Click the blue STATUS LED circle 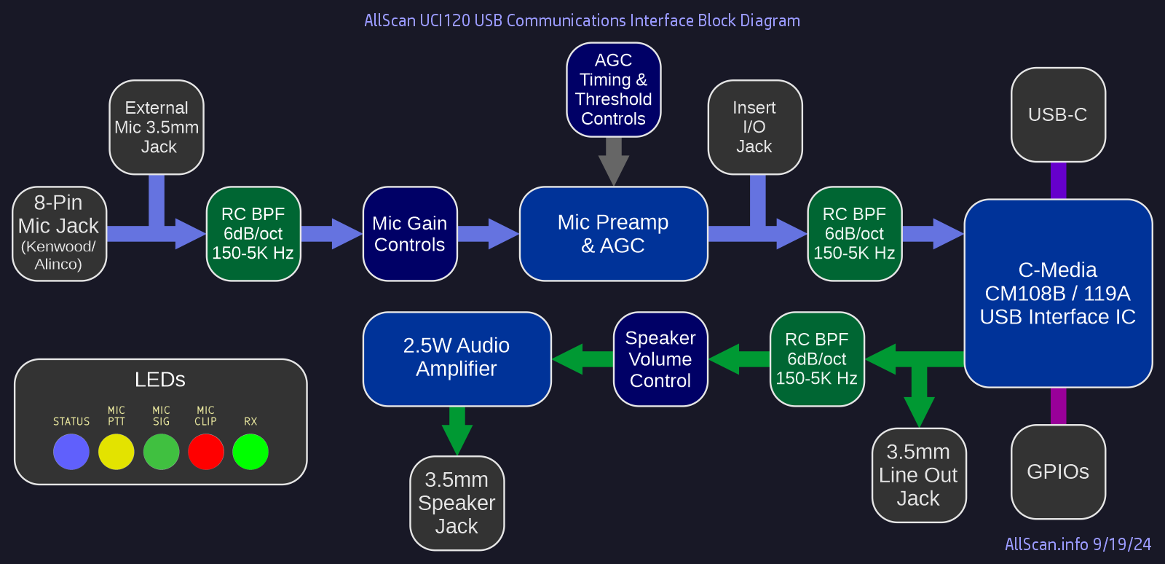coord(71,452)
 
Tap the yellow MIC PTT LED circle coord(116,452)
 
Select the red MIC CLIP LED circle coord(206,452)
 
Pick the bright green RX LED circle coord(250,452)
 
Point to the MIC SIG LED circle coord(162,452)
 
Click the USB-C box coord(1058,115)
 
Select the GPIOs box coord(1058,472)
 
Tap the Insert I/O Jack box coord(755,128)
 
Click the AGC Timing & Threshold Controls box coord(613,90)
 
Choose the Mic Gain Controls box coord(410,234)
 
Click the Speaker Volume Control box coord(660,359)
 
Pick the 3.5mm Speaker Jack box coord(457,504)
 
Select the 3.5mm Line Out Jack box coord(919,475)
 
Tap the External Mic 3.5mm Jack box coord(157,128)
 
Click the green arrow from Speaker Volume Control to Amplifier coord(582,359)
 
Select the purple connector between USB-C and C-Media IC coord(1058,181)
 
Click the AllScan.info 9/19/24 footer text coord(1078,544)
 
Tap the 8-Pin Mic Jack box coord(59,234)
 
